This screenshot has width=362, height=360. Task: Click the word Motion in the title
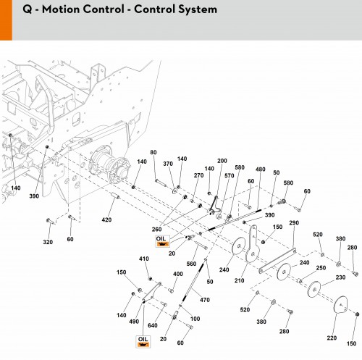coord(61,9)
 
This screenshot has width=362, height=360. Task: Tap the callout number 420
coord(106,219)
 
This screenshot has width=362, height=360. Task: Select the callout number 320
coord(48,242)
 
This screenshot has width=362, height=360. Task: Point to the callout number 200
coord(222,161)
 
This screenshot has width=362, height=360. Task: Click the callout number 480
coord(261,169)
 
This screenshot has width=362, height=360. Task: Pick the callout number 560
coord(191,264)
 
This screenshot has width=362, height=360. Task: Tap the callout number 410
coord(144,259)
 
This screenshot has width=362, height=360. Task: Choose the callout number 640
coord(153,325)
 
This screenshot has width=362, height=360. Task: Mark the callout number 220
coord(332,338)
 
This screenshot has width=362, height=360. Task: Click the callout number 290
coord(294,222)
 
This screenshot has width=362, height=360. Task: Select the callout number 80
coord(153,152)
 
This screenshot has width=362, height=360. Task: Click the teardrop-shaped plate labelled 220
coord(340,305)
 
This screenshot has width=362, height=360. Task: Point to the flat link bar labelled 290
coord(277,261)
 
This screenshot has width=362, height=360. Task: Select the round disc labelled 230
coord(314,289)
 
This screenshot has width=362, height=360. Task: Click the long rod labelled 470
coord(193,282)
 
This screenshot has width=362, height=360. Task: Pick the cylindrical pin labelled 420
coord(115,196)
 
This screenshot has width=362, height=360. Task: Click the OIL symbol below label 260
coord(162,241)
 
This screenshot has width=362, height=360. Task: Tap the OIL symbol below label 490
coord(143,342)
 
